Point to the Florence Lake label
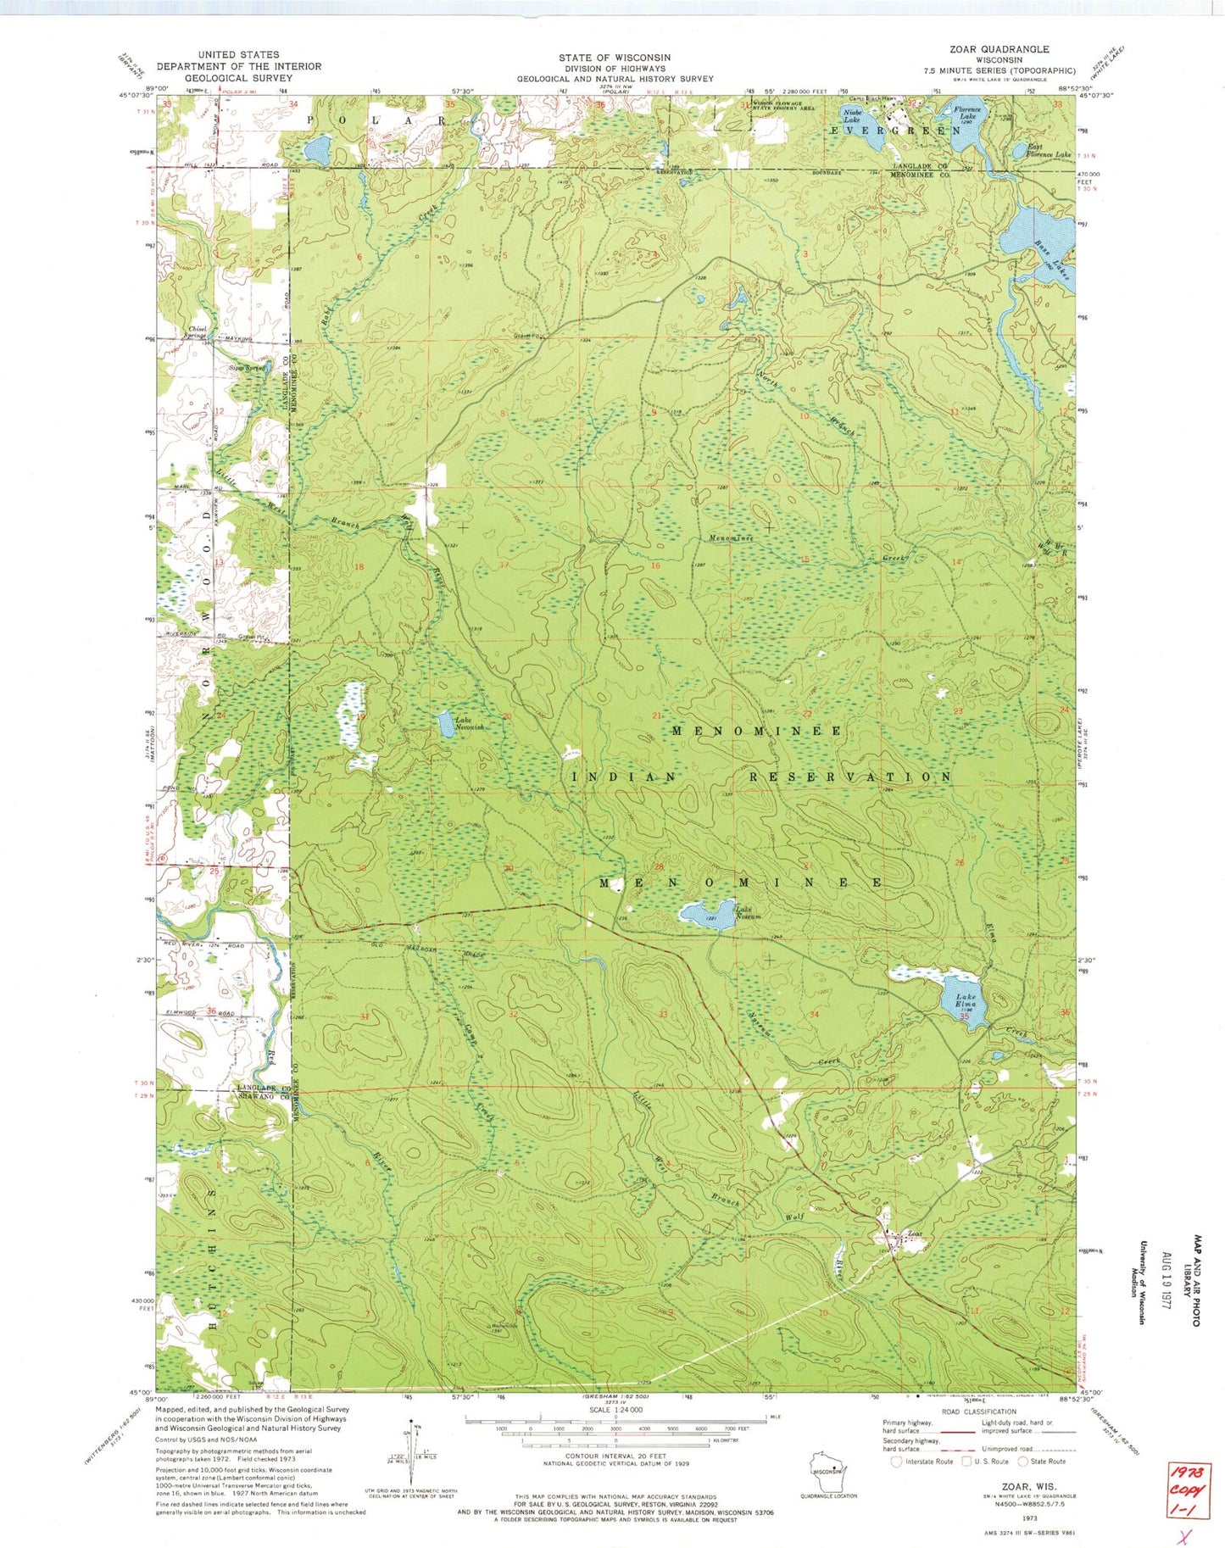pyautogui.click(x=966, y=114)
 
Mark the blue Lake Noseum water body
pyautogui.click(x=704, y=915)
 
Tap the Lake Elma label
pyautogui.click(x=966, y=1000)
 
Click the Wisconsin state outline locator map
pyautogui.click(x=828, y=1463)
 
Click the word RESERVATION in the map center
pyautogui.click(x=849, y=777)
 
